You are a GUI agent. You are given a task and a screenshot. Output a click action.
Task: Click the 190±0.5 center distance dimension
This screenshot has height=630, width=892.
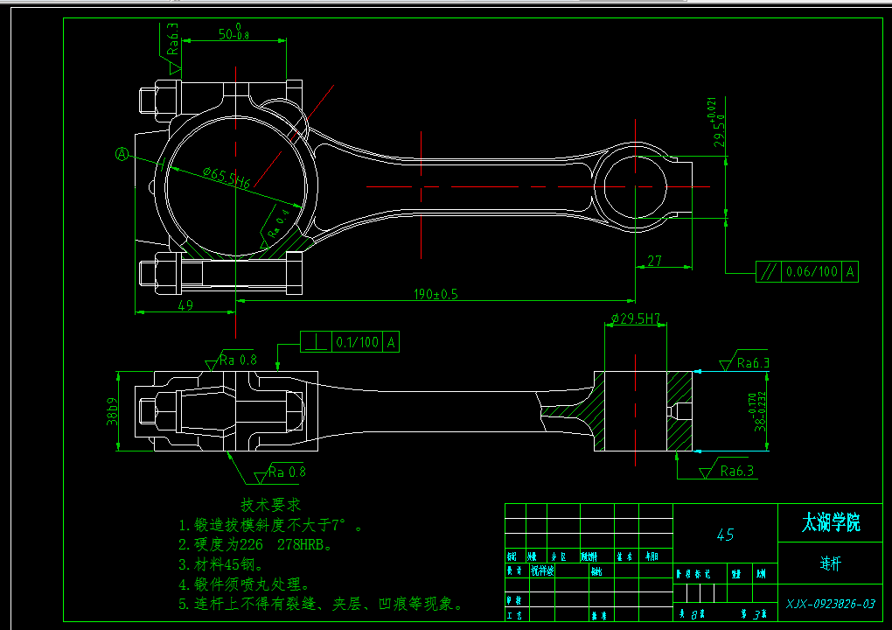(436, 294)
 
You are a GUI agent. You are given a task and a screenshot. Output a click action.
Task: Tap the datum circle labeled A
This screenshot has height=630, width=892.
(122, 154)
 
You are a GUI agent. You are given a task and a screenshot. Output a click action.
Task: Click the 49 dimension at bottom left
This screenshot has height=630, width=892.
(185, 304)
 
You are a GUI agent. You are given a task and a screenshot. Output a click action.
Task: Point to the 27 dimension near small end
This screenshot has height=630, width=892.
(654, 261)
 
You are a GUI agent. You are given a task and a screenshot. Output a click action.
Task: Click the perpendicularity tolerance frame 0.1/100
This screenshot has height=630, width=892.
(350, 342)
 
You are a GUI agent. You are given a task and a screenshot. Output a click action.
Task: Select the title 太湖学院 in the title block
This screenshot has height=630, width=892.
(831, 523)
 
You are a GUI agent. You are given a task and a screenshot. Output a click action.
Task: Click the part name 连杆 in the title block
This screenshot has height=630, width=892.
(831, 563)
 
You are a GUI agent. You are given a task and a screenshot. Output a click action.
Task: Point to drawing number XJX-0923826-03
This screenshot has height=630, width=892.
(830, 604)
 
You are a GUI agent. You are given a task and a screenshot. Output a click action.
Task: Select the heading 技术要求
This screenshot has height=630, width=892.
(270, 505)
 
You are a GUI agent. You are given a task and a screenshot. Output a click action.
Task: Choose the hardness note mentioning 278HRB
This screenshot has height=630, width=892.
(255, 545)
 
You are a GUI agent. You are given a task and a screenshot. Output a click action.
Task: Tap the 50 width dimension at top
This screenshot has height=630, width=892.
(233, 35)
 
